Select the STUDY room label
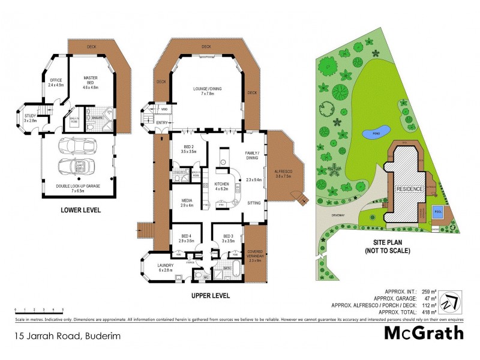click(30, 118)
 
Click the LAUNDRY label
click(166, 268)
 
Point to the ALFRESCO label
click(282, 173)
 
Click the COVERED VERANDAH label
click(256, 256)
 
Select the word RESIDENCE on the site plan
click(409, 189)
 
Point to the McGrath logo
click(424, 333)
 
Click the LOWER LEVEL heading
click(80, 210)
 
